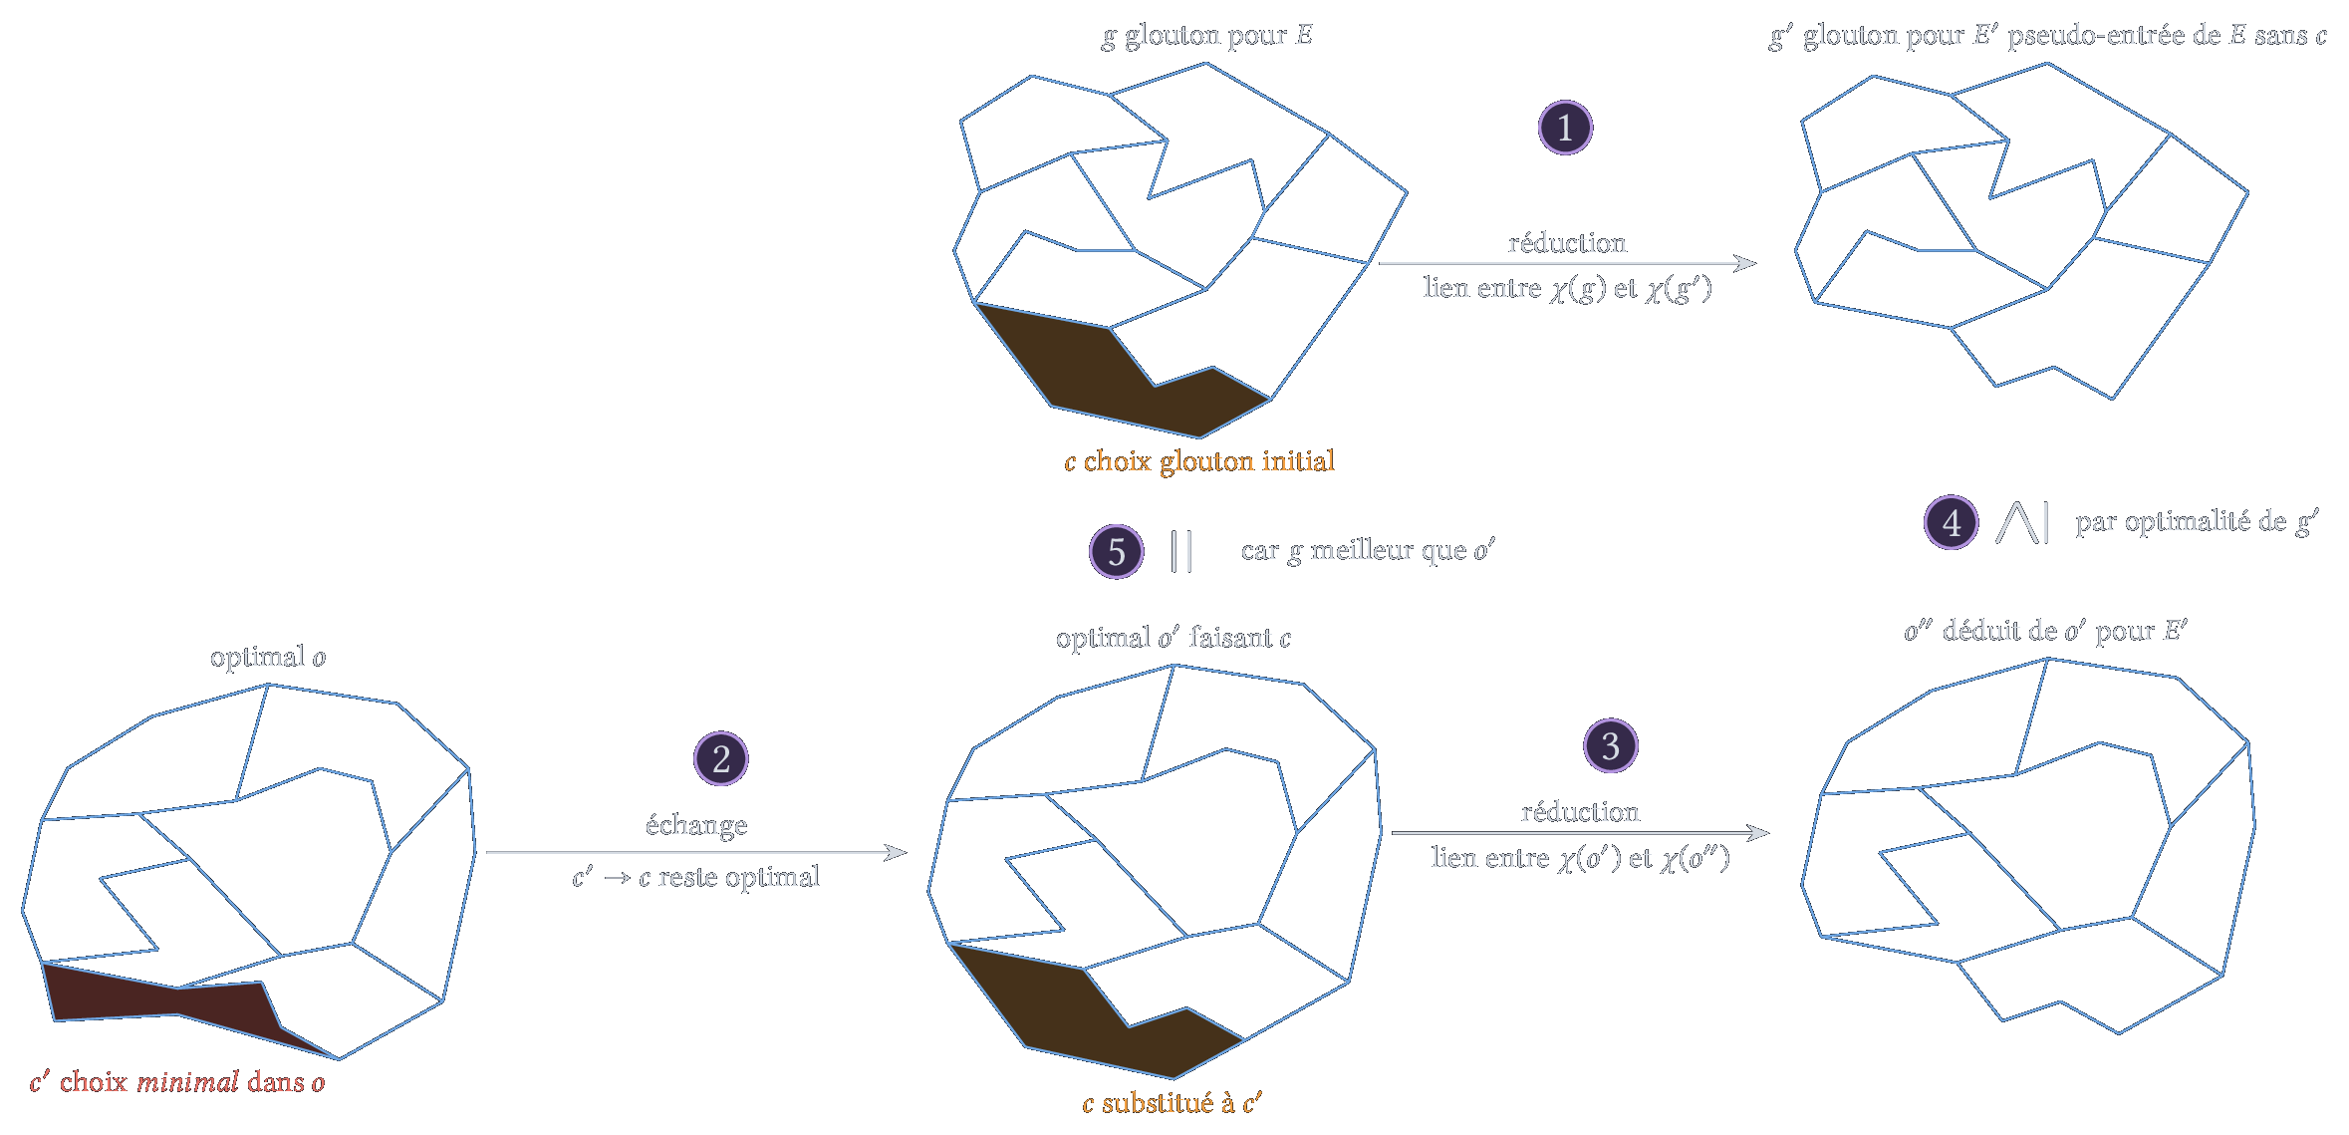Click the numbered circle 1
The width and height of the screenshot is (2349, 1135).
[1565, 128]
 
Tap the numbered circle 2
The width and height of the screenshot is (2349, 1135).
[720, 758]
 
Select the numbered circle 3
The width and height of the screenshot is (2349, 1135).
[1610, 745]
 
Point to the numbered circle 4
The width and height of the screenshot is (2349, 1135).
[1951, 522]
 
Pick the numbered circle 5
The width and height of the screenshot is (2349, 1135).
[1116, 551]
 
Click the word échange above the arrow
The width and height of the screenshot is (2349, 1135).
[696, 825]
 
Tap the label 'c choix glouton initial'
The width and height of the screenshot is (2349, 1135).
[1199, 461]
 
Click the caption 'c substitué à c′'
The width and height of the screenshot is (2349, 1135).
[1173, 1103]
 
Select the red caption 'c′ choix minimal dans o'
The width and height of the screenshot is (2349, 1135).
[177, 1082]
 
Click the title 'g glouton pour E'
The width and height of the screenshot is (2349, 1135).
[1206, 36]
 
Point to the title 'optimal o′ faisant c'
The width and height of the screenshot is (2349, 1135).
[1174, 638]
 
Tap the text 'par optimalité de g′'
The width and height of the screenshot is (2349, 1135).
[2197, 522]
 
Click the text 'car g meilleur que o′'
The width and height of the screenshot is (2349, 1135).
[1368, 550]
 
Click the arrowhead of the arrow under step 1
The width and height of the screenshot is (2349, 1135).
[1745, 263]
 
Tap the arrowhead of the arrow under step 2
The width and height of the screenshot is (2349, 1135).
[896, 852]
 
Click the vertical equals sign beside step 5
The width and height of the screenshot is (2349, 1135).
[1181, 551]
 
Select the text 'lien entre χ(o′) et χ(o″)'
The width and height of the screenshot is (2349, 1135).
[1581, 859]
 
